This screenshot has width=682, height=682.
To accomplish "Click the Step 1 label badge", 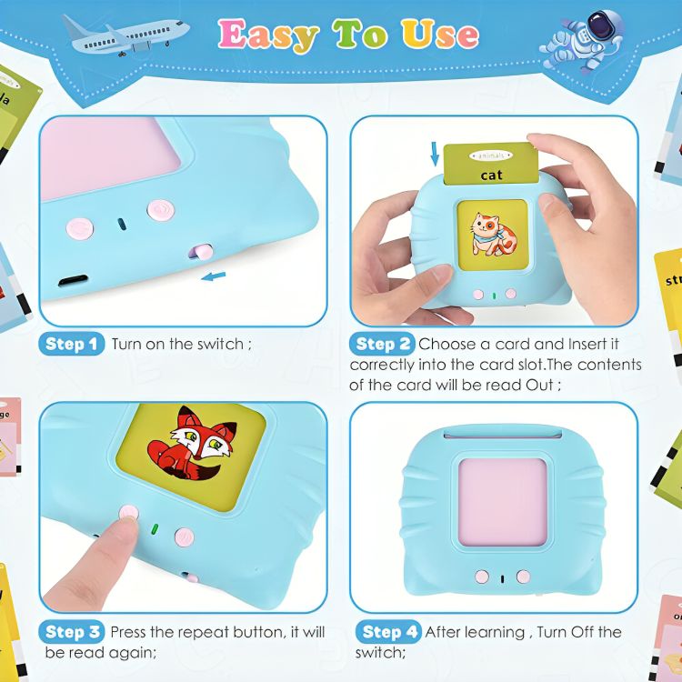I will tap(72, 344).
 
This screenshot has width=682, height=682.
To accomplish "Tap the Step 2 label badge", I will tap(383, 344).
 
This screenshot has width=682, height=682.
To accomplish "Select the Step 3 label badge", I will tap(72, 632).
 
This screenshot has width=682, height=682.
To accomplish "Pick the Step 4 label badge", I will tap(390, 632).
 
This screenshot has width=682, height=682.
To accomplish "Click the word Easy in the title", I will tap(268, 35).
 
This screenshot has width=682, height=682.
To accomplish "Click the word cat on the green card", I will tap(492, 175).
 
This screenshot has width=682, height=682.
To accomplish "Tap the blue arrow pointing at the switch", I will tap(213, 275).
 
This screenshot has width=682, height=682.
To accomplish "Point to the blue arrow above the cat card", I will tap(435, 154).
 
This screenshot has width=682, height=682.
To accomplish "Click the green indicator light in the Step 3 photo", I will tap(155, 527).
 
